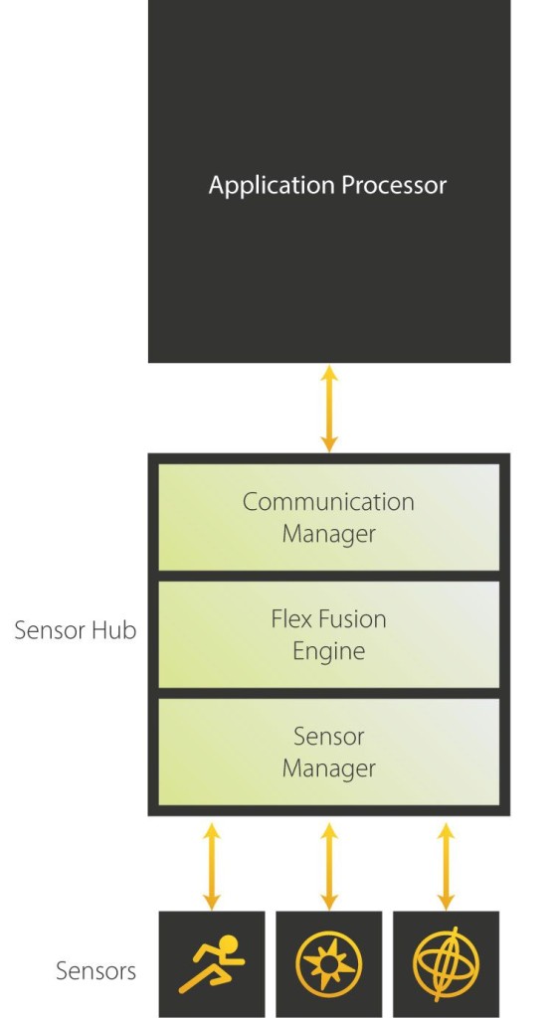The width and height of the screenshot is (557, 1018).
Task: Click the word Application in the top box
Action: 267,186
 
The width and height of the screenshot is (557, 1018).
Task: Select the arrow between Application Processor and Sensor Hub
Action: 329,409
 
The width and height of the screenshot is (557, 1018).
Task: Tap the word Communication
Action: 328,502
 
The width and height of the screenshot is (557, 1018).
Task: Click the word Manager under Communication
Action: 328,534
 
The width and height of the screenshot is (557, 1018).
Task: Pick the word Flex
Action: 292,619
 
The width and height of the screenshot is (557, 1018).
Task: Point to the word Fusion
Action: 352,619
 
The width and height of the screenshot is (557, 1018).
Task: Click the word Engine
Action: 328,651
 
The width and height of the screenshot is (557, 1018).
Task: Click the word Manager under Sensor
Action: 328,768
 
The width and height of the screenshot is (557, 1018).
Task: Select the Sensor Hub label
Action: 76,630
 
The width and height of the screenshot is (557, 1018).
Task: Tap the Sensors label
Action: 95,970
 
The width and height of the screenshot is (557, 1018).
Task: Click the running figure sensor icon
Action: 211,964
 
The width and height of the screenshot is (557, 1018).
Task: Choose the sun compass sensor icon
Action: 329,964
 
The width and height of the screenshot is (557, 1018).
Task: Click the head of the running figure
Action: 230,944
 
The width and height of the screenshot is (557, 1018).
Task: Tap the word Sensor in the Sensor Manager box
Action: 328,737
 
